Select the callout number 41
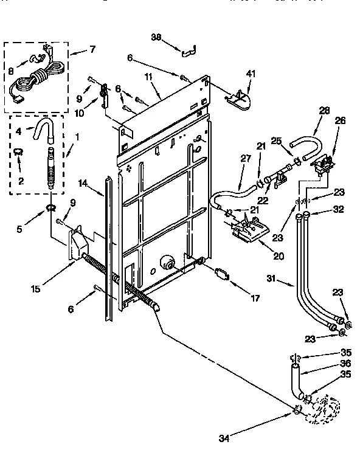pyautogui.click(x=251, y=74)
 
